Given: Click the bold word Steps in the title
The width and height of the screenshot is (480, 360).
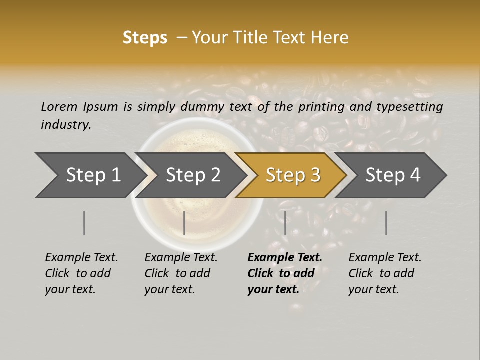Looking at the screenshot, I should (x=145, y=38).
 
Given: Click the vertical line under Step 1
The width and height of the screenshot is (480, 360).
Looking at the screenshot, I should (x=84, y=223).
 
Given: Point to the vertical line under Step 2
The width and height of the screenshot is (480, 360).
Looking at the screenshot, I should (x=184, y=223).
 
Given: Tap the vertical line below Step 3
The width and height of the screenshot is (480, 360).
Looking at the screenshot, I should (x=285, y=223).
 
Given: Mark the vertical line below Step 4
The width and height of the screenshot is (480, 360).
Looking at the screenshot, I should (x=386, y=223).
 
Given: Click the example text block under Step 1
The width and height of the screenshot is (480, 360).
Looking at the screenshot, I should (x=81, y=273).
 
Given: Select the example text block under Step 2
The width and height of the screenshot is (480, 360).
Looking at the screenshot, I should (x=181, y=273).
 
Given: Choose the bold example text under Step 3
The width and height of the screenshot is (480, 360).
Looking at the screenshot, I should (x=285, y=273).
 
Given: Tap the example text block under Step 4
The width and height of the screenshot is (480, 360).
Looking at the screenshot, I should (x=385, y=273).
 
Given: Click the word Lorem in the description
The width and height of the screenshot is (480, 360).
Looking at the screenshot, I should (x=59, y=106).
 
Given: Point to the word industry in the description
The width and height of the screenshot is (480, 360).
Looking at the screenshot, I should (x=66, y=125).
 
